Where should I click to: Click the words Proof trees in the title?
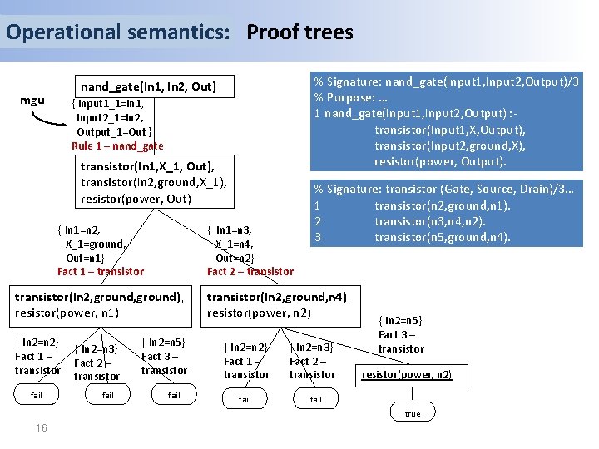pos(299,32)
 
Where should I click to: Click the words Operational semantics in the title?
pos(117,32)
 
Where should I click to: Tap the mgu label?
pos(32,101)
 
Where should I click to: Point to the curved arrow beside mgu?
pos(50,120)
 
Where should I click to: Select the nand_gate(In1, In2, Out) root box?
pos(148,86)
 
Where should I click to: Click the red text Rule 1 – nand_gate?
pos(117,146)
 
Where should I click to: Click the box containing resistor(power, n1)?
pos(99,305)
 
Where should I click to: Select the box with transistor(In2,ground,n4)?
pos(279,305)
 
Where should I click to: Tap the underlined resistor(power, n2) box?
pos(407,375)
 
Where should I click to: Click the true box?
pos(413,413)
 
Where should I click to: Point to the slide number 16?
pos(41,428)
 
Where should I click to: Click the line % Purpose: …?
pos(354,97)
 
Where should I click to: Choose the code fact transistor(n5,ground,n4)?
pos(442,237)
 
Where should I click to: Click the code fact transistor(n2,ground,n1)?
pos(442,205)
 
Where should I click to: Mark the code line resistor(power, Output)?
pos(440,160)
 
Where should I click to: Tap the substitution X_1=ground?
pos(95,244)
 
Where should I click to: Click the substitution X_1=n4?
pos(235,244)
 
